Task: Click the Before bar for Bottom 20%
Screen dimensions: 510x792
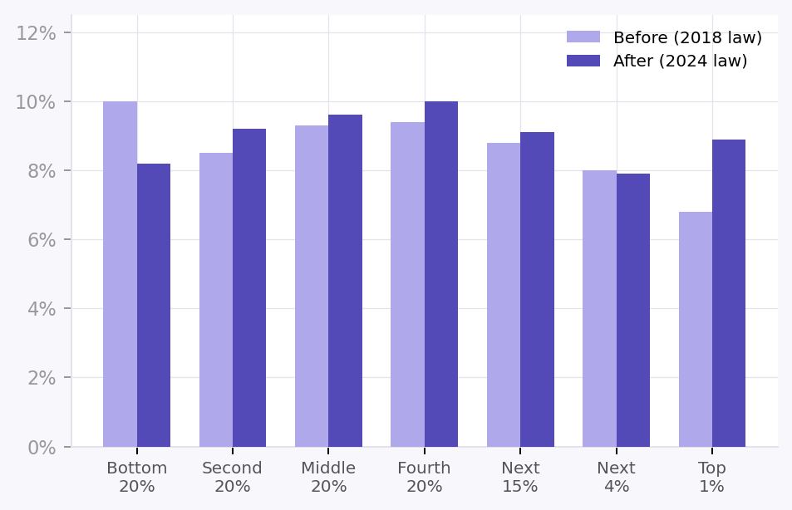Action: coord(120,274)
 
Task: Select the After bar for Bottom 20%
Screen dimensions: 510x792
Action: coord(154,305)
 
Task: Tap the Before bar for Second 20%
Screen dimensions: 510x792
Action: coord(216,300)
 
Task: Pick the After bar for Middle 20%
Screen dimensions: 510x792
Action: coord(345,281)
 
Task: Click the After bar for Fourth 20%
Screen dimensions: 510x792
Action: coord(441,274)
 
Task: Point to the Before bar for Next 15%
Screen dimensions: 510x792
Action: coord(504,295)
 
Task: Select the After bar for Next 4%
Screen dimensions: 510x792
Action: coord(633,310)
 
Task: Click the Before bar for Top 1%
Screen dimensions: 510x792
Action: coord(696,329)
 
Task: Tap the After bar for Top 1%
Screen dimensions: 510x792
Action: coord(729,293)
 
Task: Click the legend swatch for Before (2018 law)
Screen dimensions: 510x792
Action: coord(583,37)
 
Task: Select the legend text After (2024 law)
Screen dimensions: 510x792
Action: coord(680,61)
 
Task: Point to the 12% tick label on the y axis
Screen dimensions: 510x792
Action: coord(37,33)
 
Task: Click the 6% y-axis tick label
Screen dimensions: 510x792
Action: coord(41,240)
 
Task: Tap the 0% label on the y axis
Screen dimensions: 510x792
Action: coord(41,447)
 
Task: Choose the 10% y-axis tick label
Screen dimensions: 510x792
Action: coord(37,102)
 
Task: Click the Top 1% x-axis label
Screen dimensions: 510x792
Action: coord(712,477)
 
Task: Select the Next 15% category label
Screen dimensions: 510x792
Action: coord(520,477)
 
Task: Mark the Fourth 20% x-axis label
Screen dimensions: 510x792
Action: coord(424,477)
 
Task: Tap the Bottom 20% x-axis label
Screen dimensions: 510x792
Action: coord(137,477)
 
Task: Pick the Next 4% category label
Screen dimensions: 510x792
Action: coord(616,477)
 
